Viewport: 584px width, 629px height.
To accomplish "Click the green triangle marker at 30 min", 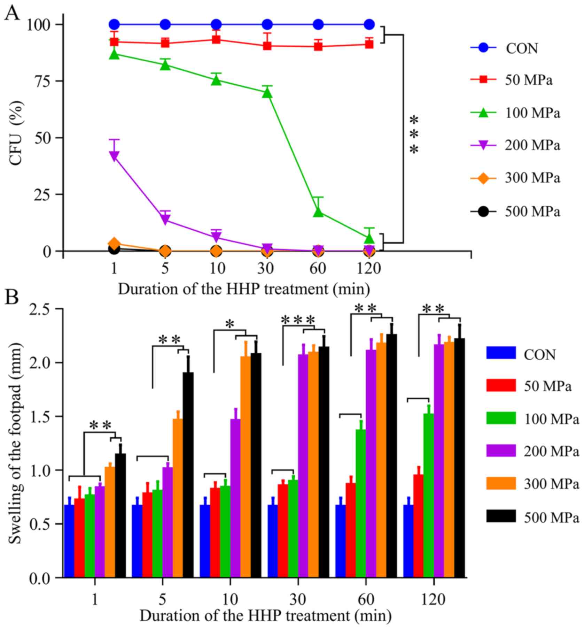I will (267, 93).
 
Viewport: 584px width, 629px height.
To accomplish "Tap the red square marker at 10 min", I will (216, 39).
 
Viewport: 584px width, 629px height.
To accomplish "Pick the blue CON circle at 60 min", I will (318, 24).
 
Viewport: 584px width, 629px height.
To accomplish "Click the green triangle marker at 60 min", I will (318, 212).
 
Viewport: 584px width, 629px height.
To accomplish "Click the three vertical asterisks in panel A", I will (414, 135).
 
